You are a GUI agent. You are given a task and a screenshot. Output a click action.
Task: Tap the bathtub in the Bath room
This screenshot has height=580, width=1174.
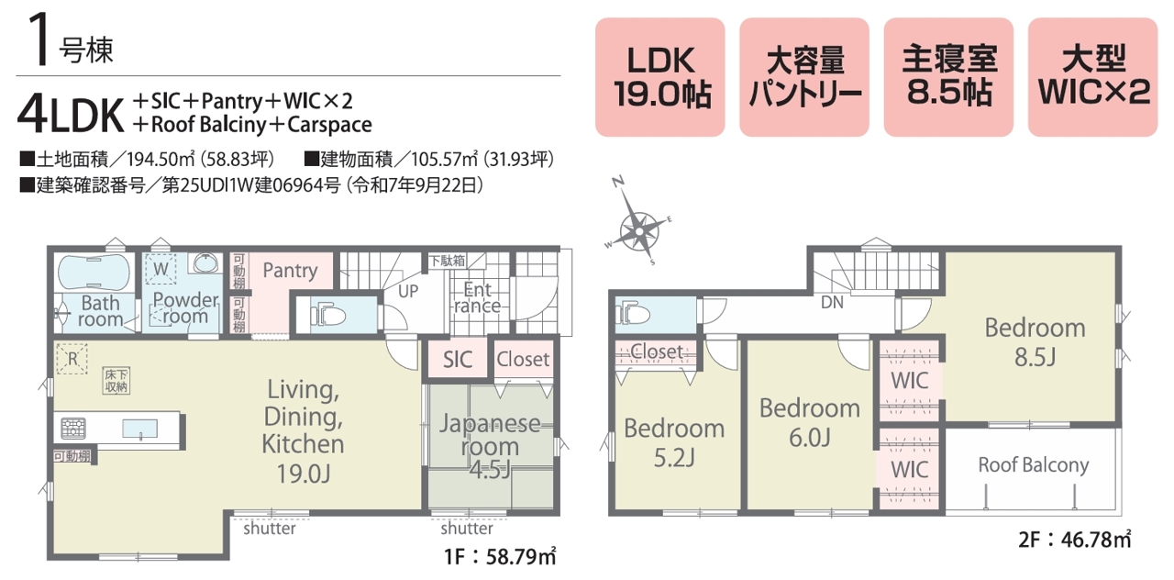pyautogui.click(x=94, y=272)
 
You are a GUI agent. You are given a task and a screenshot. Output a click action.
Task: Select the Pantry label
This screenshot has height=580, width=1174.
pyautogui.click(x=290, y=270)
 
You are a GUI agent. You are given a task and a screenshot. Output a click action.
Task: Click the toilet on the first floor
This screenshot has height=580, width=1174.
pyautogui.click(x=328, y=316)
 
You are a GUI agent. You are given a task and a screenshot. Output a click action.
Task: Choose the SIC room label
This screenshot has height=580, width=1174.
pyautogui.click(x=457, y=360)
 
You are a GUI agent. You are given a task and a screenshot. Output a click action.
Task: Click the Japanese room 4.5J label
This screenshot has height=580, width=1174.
pyautogui.click(x=490, y=446)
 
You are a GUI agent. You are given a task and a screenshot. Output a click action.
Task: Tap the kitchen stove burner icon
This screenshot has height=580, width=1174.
pyautogui.click(x=73, y=428)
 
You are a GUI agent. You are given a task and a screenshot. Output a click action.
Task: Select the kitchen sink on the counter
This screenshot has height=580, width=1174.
pyautogui.click(x=140, y=429)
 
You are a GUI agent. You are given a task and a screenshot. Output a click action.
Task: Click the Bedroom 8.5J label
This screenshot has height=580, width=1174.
pyautogui.click(x=1035, y=342)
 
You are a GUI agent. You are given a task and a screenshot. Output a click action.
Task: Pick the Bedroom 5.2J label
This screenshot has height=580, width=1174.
pyautogui.click(x=674, y=442)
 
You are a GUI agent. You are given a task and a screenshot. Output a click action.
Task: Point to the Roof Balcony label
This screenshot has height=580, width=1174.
pyautogui.click(x=1034, y=465)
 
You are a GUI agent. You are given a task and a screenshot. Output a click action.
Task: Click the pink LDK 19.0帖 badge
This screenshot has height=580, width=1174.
pyautogui.click(x=659, y=77)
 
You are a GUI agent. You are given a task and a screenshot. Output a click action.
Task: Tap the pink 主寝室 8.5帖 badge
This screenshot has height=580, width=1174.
pyautogui.click(x=948, y=77)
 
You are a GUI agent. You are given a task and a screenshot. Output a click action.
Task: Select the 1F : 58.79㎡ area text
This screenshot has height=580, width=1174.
pyautogui.click(x=500, y=556)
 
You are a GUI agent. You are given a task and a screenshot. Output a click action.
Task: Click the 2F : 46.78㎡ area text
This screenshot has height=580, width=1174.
pyautogui.click(x=1074, y=539)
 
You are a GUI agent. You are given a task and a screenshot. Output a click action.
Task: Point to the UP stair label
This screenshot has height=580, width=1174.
pyautogui.click(x=408, y=291)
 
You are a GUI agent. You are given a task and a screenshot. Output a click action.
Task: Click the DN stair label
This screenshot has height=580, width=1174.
pyautogui.click(x=832, y=302)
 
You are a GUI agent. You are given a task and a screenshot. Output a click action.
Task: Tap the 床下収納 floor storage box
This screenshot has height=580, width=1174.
pyautogui.click(x=116, y=381)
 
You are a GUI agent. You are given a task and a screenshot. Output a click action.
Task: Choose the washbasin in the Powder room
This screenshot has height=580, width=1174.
pyautogui.click(x=205, y=263)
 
